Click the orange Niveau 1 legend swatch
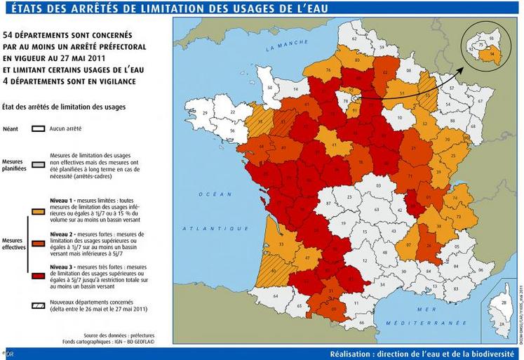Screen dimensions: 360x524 click(x=39, y=208)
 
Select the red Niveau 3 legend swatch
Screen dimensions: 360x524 click(x=39, y=269)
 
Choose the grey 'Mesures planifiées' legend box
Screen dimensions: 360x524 click(x=39, y=160)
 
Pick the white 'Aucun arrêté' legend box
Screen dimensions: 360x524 click(x=39, y=129)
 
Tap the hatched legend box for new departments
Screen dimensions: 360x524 click(x=39, y=304)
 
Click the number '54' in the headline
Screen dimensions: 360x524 click(x=9, y=34)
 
